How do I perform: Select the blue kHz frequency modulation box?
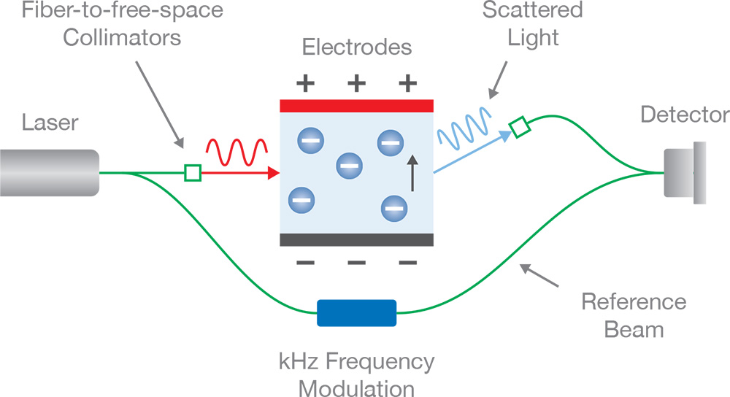(x=357, y=313)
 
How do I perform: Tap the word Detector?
(x=684, y=115)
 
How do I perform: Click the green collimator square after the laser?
(x=192, y=173)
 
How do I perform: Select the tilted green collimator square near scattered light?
(x=519, y=128)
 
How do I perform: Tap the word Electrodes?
(x=357, y=49)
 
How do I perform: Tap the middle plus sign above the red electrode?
(x=356, y=83)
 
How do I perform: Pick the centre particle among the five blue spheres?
(x=349, y=166)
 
